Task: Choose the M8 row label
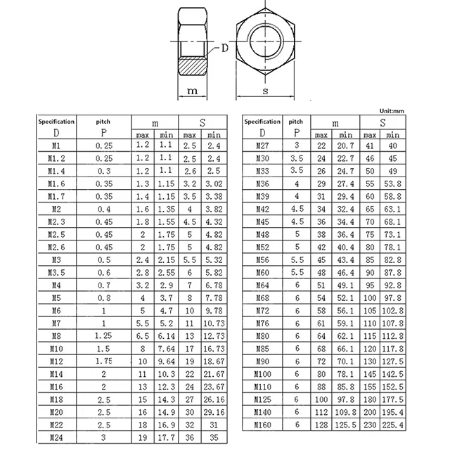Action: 57,336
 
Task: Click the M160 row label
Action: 262,425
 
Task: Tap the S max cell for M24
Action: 189,437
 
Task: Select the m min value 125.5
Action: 345,425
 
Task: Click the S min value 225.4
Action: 393,425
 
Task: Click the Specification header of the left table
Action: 56,122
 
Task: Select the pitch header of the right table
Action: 297,122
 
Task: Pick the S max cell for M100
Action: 370,373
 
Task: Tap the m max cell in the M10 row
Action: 143,349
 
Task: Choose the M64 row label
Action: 262,285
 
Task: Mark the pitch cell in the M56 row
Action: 297,260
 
